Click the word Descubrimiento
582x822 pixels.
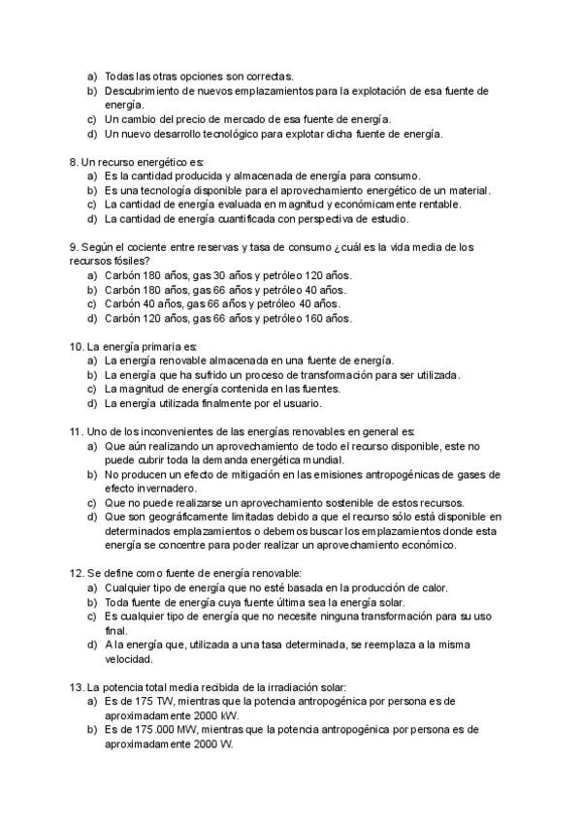click(145, 90)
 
